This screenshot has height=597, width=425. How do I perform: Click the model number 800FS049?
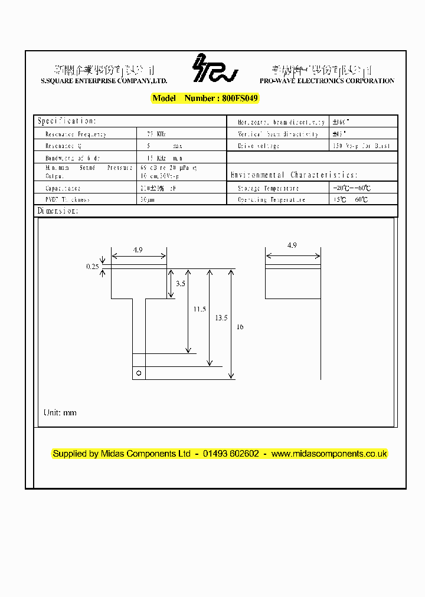[240, 99]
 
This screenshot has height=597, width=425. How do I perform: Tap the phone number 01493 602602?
[231, 454]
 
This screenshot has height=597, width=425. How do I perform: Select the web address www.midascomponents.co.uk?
[329, 454]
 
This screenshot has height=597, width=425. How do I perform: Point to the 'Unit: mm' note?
[60, 412]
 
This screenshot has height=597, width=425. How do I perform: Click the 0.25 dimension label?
[92, 267]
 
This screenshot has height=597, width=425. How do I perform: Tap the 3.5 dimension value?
[181, 284]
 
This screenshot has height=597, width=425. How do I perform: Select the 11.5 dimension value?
[200, 309]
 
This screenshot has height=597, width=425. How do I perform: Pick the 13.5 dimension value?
[221, 317]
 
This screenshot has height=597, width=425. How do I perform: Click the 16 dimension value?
[239, 326]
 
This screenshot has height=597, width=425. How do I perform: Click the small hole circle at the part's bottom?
[139, 373]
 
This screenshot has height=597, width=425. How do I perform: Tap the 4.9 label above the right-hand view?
[292, 245]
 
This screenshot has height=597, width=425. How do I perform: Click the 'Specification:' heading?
[66, 121]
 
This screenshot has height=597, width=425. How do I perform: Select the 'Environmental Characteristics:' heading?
[293, 175]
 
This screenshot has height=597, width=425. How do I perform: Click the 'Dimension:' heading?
[57, 211]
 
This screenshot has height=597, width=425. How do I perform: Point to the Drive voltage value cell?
[362, 146]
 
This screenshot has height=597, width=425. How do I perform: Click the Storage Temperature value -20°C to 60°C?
[352, 188]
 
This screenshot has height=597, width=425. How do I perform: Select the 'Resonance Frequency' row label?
[76, 134]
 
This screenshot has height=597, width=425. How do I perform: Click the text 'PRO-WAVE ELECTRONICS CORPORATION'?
[326, 81]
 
